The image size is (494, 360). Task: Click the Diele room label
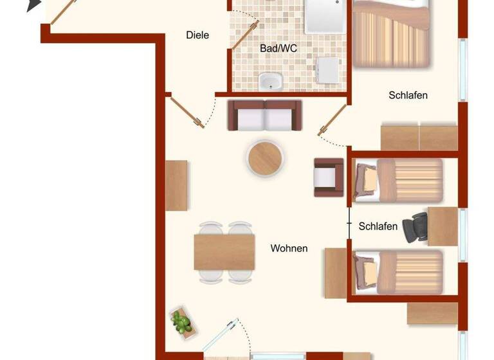tap(197, 35)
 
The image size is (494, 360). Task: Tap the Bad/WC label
tap(278, 48)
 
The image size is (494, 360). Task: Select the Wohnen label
tap(289, 248)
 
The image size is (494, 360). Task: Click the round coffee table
tap(266, 157)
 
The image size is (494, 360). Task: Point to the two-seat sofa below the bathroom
tap(265, 115)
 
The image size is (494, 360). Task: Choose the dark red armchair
tap(329, 177)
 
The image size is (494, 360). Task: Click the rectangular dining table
tap(224, 252)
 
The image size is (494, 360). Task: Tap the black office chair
tap(415, 227)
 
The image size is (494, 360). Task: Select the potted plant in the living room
tap(181, 321)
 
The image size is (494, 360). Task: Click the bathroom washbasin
tap(271, 82)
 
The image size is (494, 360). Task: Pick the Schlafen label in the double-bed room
tap(408, 95)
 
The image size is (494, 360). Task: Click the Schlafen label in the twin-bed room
tap(378, 226)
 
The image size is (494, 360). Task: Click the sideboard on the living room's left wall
tap(176, 186)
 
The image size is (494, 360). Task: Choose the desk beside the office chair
tap(443, 226)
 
